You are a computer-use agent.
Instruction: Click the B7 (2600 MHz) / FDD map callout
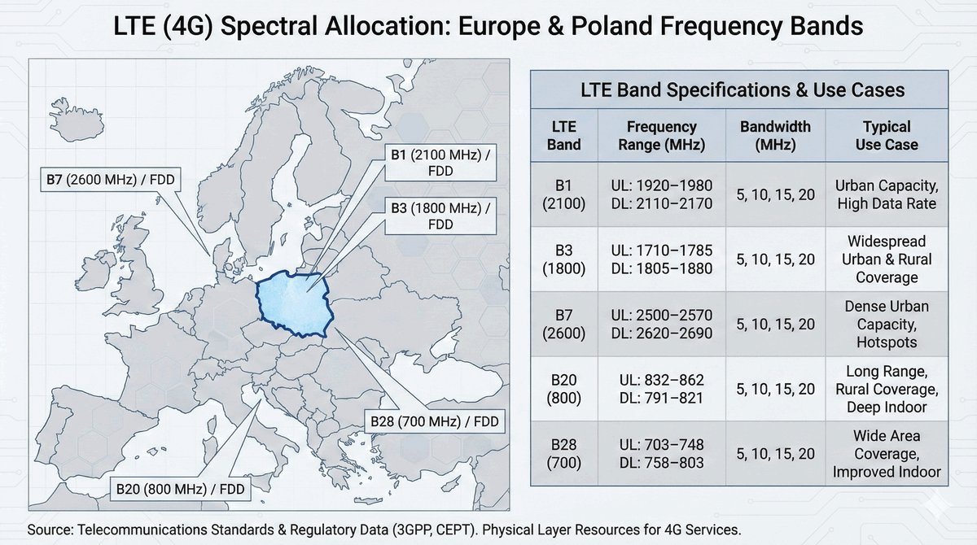[x=111, y=179]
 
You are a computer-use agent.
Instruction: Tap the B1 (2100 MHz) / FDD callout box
[x=440, y=163]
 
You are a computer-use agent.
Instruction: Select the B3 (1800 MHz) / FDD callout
[x=440, y=216]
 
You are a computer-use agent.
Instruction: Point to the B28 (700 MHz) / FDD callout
[x=435, y=421]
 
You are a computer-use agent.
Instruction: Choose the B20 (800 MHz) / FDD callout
[x=180, y=489]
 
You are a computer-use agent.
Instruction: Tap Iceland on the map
[x=77, y=120]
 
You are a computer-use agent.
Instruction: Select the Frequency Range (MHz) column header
[x=661, y=136]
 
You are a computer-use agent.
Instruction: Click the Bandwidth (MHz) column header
[x=775, y=136]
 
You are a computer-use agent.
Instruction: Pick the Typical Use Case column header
[x=887, y=136]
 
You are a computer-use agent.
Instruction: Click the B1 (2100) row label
[x=563, y=194]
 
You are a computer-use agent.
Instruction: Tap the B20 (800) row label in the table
[x=563, y=389]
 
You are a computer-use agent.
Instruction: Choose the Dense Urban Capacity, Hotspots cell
[x=887, y=324]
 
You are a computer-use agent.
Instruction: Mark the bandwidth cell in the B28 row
[x=775, y=454]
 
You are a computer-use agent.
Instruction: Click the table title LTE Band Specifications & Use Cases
[x=743, y=89]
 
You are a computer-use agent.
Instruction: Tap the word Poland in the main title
[x=612, y=25]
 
